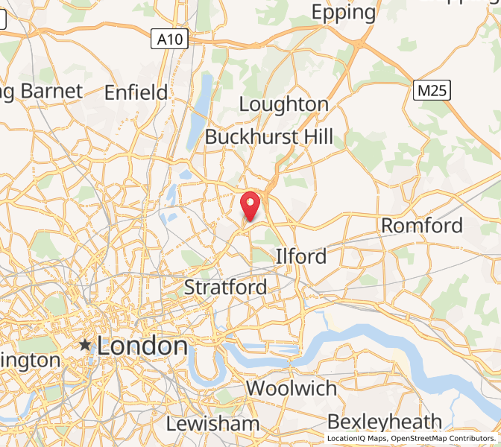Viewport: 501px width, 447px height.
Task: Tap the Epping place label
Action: coord(344,13)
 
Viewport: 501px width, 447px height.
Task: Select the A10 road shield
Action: coord(169,39)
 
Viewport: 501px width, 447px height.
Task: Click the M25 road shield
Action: coord(433,92)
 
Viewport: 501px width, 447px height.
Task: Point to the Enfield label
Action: coord(136,92)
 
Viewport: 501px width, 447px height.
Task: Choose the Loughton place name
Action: coord(284,104)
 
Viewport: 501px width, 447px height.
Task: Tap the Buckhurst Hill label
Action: coord(269,137)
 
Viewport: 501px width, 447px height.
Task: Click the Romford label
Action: coord(422,226)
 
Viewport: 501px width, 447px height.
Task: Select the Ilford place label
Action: coord(301,256)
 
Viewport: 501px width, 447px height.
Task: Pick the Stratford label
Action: coord(225,287)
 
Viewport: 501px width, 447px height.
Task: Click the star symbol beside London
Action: coord(86,345)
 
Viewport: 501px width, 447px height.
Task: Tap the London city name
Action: coord(142,346)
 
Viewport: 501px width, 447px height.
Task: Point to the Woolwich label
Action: coord(292,388)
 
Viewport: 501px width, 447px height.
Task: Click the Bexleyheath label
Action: coord(385,422)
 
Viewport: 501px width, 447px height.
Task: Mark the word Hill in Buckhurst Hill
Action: coord(315,137)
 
